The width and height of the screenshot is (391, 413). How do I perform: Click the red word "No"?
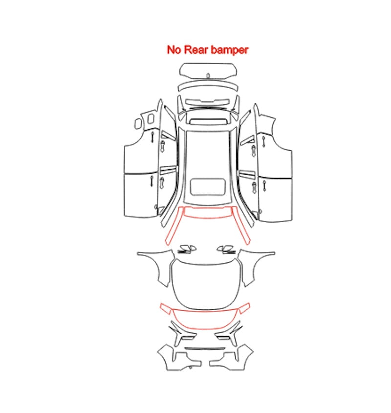coord(174,50)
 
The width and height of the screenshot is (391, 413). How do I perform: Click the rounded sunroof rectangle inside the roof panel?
coord(208,187)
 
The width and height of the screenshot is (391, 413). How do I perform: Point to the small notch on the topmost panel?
coord(208,76)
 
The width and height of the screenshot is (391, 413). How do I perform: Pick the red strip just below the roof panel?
coord(208,217)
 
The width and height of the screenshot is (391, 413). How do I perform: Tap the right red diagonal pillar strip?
coord(241,226)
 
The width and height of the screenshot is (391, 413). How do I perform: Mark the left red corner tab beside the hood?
coord(166,308)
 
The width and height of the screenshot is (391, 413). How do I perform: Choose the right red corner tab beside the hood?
coord(244,308)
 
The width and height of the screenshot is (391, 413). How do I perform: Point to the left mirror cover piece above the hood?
coord(187,249)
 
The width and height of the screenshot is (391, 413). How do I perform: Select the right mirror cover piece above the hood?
coord(226,249)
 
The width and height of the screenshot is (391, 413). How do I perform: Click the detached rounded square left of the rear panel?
coord(138,123)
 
